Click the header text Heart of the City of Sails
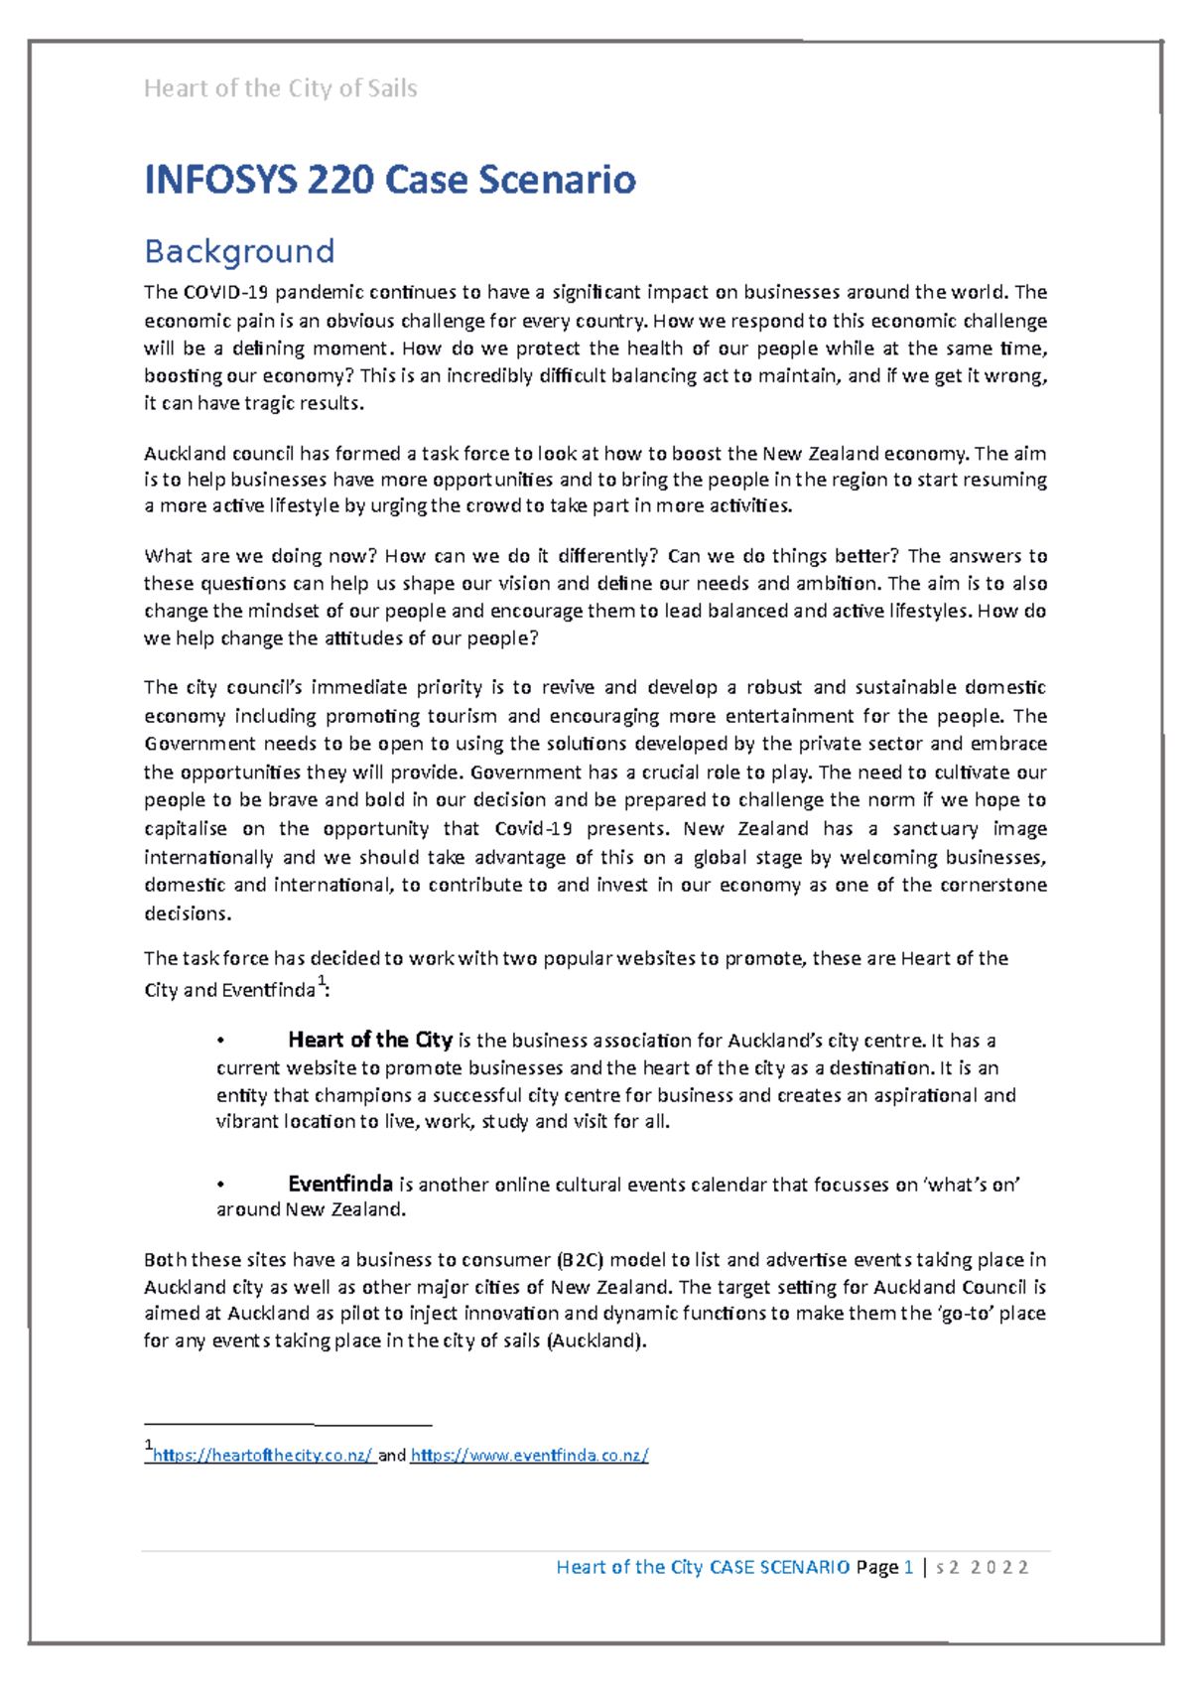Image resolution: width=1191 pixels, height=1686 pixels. click(280, 88)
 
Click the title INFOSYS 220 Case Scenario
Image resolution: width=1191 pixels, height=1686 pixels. click(389, 180)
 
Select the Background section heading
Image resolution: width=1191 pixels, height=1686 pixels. click(239, 251)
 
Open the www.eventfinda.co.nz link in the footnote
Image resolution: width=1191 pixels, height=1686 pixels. click(529, 1456)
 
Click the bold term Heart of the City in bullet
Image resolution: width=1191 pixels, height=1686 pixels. click(369, 1040)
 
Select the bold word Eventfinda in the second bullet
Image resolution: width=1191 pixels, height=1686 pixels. click(339, 1184)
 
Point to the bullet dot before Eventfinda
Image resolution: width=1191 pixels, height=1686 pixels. click(220, 1185)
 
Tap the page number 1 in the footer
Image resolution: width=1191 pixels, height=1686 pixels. click(908, 1567)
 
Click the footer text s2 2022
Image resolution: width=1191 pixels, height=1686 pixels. click(983, 1567)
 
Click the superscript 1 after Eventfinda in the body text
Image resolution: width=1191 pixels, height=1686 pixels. click(322, 982)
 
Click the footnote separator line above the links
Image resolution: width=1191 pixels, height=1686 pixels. click(288, 1425)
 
